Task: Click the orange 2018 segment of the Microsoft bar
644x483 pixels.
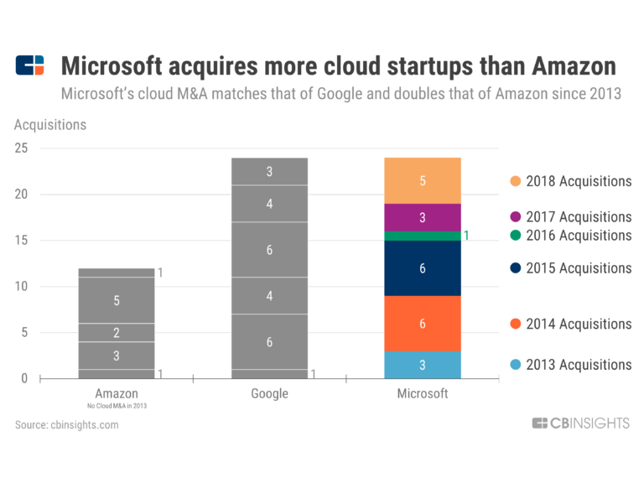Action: (423, 180)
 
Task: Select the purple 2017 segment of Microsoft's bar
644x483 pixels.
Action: (423, 217)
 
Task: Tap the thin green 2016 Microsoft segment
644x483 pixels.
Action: (423, 236)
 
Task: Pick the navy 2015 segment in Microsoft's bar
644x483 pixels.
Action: (423, 268)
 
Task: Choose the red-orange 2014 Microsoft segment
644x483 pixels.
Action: (423, 324)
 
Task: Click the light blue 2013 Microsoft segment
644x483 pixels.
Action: (423, 365)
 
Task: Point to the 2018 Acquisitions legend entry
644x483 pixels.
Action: (570, 181)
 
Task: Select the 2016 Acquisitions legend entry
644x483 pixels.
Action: (570, 236)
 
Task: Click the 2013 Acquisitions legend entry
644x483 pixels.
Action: (570, 365)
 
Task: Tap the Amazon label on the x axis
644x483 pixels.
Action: (117, 393)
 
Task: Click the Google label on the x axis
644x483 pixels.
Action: (270, 393)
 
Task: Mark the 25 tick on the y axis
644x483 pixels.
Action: (22, 148)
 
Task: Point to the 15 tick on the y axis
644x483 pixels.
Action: (22, 241)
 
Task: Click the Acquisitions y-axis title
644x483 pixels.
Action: (50, 125)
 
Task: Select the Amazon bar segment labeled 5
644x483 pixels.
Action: (117, 300)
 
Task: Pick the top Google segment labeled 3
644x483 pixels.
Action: (270, 172)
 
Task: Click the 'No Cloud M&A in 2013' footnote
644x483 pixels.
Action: (117, 406)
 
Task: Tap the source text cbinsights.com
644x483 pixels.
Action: (67, 425)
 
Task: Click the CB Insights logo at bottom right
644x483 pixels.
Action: (580, 423)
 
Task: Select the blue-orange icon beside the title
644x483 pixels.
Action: (30, 65)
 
